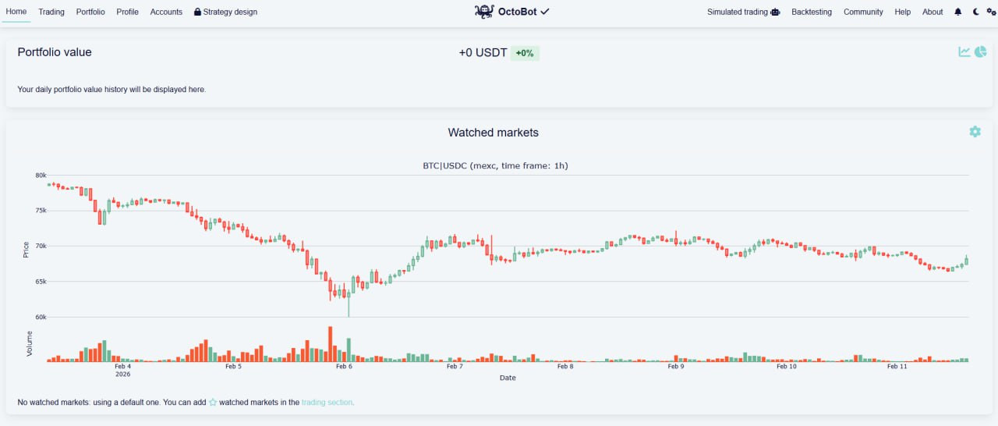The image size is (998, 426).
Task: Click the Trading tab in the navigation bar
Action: tap(51, 12)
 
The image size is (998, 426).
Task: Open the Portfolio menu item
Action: tap(90, 12)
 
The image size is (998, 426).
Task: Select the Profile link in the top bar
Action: tap(127, 12)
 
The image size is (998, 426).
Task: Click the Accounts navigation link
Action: tap(166, 12)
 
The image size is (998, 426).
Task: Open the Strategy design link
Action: tap(225, 12)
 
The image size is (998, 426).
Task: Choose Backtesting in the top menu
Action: tap(811, 12)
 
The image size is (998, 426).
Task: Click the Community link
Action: tap(863, 12)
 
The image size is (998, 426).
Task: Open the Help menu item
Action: tap(902, 12)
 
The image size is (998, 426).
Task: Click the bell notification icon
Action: tap(958, 12)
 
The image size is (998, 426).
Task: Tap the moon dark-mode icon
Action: tap(977, 12)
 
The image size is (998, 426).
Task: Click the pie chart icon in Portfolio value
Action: tap(980, 51)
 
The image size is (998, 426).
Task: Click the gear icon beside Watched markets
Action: tap(975, 132)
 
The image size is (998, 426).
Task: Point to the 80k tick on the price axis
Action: tap(41, 175)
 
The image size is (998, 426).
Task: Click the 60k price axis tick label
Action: tap(41, 318)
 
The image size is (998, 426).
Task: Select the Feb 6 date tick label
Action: tap(344, 366)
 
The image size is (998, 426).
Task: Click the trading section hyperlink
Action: tap(327, 403)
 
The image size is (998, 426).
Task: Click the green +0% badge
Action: tap(525, 53)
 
